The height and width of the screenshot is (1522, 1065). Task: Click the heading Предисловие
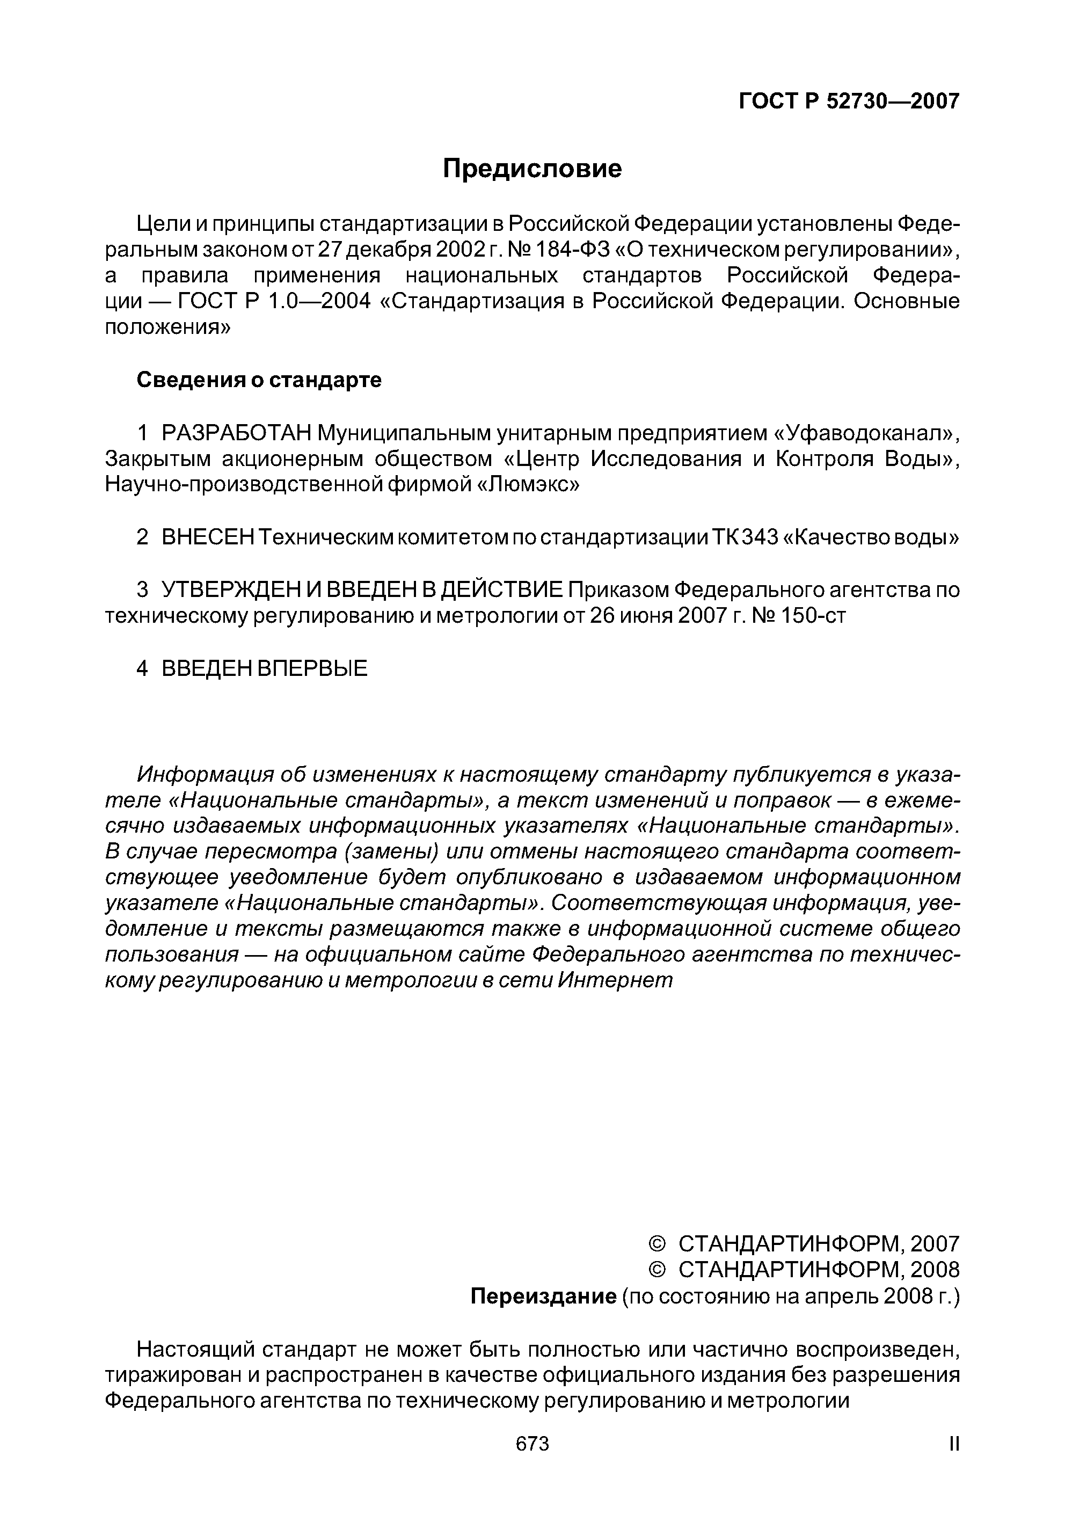point(532,169)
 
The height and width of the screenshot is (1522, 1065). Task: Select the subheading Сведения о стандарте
point(259,380)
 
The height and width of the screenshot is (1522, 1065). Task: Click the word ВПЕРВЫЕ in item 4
point(311,668)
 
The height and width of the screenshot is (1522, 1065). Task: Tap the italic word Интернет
point(615,980)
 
